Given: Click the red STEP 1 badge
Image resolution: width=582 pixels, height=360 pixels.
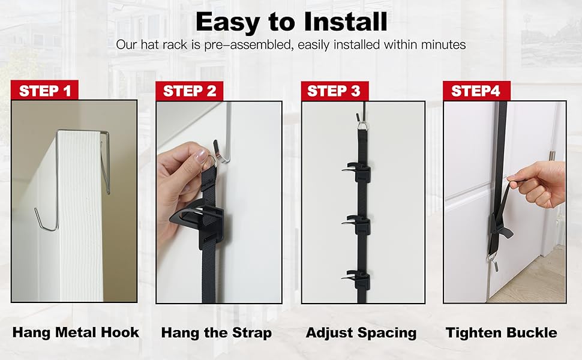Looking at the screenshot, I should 45,91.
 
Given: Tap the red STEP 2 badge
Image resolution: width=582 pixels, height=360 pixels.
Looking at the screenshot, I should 189,91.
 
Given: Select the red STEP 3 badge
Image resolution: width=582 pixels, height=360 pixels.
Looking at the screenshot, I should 334,91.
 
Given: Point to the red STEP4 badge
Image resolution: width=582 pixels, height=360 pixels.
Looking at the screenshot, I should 476,91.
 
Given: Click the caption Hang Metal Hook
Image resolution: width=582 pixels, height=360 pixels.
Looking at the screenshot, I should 76,332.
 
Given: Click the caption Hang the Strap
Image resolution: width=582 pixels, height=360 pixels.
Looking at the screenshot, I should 217,332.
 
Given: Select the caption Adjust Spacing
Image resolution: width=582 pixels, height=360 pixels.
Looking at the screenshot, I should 361,332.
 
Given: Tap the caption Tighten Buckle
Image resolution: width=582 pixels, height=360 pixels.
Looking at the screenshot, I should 502,332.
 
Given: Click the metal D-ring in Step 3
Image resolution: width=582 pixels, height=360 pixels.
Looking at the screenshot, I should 361,125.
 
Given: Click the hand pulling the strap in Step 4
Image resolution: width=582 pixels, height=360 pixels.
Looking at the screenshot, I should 540,183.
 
